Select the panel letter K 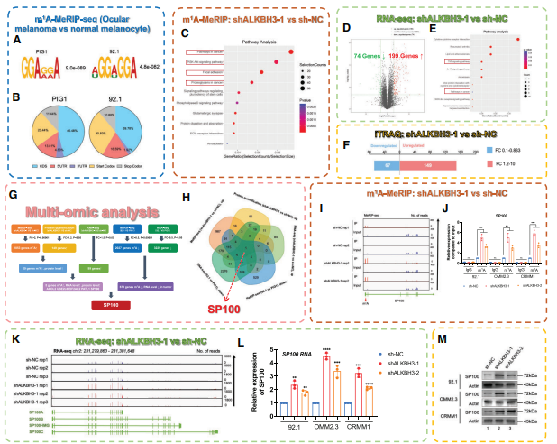(12, 342)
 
